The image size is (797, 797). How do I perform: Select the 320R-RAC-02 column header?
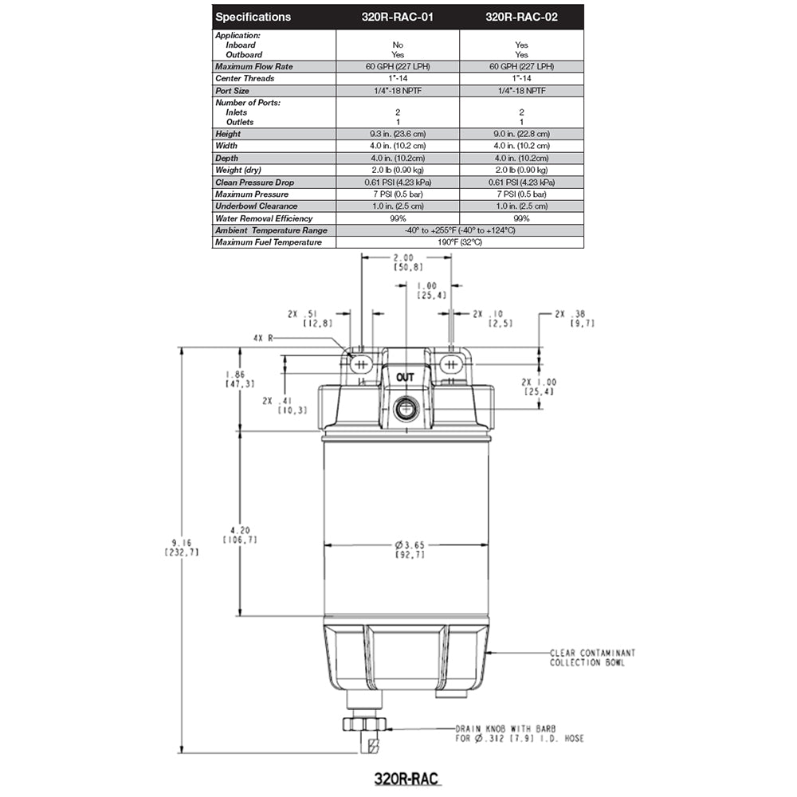click(x=521, y=17)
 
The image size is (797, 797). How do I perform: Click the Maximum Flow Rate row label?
click(x=254, y=67)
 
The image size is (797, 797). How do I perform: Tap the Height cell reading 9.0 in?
click(x=521, y=135)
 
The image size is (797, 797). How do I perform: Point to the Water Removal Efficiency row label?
click(x=264, y=218)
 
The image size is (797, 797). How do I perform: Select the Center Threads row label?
click(x=245, y=79)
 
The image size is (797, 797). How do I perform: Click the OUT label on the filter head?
click(x=405, y=378)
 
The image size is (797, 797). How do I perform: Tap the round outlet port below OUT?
click(x=405, y=410)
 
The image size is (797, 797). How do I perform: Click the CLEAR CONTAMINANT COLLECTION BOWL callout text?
click(x=592, y=658)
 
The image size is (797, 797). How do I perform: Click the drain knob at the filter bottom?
click(x=363, y=724)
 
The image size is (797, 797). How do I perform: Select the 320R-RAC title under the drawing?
click(x=407, y=777)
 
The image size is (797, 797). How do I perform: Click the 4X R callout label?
click(x=262, y=338)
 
